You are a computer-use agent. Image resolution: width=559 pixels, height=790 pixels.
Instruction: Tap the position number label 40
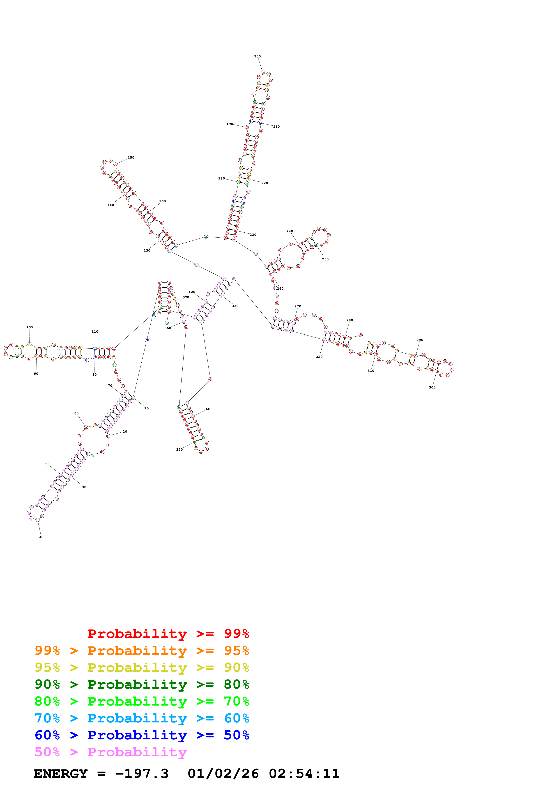click(x=41, y=537)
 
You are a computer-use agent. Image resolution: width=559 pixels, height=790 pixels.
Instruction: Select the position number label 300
click(x=432, y=387)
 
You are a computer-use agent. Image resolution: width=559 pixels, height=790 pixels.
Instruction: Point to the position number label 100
click(x=30, y=327)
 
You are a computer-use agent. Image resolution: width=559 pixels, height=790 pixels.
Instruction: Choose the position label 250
click(x=325, y=259)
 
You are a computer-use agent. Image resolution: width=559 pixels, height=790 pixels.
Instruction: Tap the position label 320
click(x=319, y=357)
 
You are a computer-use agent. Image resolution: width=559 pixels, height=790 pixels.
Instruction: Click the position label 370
click(x=186, y=297)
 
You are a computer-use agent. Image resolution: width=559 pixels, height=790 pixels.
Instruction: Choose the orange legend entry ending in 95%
click(x=142, y=651)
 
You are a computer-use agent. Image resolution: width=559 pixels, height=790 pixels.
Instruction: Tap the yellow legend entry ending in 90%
click(x=142, y=667)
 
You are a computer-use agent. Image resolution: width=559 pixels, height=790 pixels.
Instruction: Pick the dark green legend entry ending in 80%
click(x=142, y=684)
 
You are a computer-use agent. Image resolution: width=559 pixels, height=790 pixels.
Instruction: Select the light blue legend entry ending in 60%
click(x=142, y=718)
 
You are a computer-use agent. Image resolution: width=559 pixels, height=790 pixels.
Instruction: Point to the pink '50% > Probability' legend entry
click(x=110, y=752)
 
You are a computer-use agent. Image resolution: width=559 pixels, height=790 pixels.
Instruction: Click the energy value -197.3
click(x=142, y=774)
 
